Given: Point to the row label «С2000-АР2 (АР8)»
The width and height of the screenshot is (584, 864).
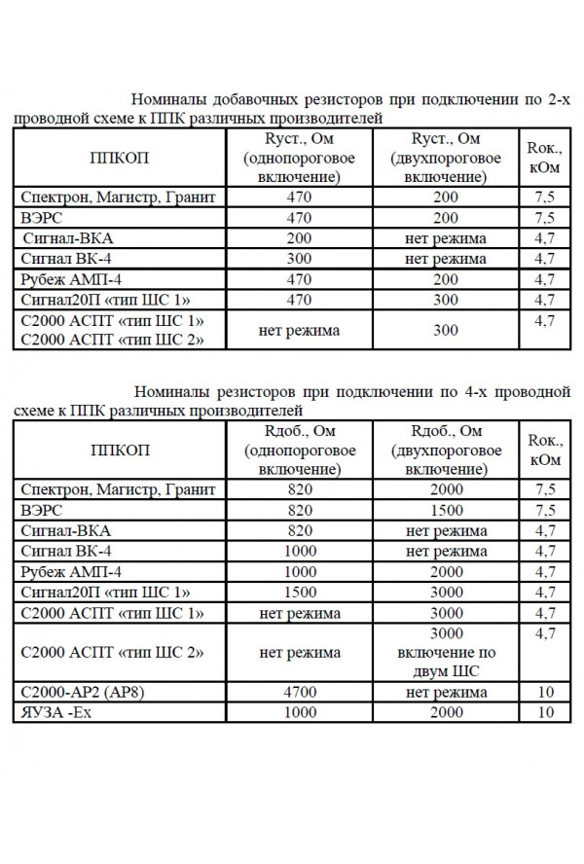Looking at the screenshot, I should tap(88, 693).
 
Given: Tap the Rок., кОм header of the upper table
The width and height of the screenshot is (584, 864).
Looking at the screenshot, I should tap(544, 157).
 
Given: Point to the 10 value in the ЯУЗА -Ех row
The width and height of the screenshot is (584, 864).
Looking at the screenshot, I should tap(545, 713).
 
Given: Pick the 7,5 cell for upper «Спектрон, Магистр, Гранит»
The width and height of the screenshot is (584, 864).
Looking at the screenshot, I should tap(545, 197).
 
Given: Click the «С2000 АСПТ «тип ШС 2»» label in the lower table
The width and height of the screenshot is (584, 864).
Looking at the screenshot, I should tap(113, 652).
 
